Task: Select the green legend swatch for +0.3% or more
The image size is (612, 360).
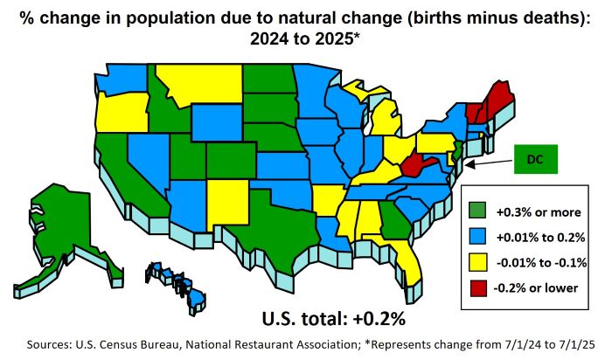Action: (x=476, y=211)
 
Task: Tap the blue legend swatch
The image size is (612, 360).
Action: (x=476, y=236)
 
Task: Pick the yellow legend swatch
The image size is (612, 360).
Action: (x=476, y=261)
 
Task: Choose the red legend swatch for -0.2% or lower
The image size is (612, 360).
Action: (x=476, y=287)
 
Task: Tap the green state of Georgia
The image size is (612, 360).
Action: (x=393, y=218)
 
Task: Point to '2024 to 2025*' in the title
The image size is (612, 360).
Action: (x=307, y=39)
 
